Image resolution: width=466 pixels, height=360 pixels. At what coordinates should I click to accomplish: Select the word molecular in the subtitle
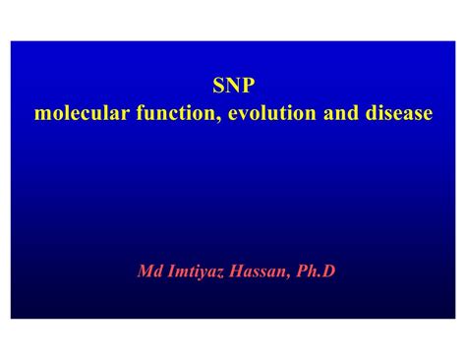75,114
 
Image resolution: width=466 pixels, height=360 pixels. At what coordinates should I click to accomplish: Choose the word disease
397,114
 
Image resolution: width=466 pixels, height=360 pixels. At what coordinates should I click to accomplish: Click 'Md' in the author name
148,270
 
